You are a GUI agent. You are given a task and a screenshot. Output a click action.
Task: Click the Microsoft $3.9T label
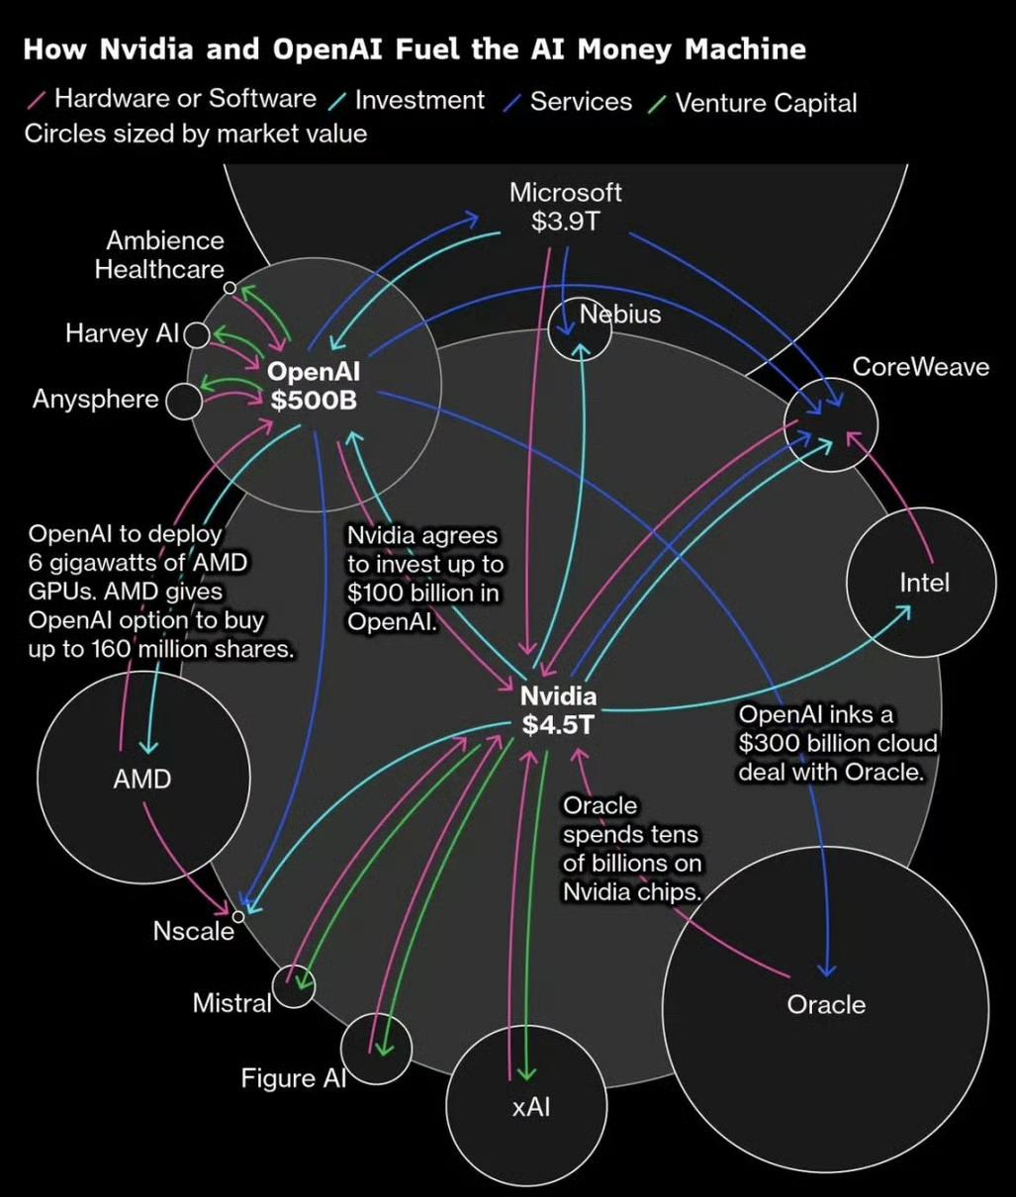click(x=566, y=206)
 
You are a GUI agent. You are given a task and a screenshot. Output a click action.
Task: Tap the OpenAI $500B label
click(x=314, y=386)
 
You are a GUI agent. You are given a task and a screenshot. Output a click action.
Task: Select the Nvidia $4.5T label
click(x=559, y=709)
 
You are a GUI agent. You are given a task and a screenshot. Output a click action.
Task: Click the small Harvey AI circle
click(x=196, y=334)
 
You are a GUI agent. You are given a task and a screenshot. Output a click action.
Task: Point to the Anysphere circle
click(x=183, y=402)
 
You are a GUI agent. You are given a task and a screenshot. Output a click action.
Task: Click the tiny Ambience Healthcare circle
click(x=230, y=288)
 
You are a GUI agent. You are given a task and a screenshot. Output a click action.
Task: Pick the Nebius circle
click(x=580, y=330)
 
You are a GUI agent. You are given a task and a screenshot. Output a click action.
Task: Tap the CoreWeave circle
click(x=831, y=425)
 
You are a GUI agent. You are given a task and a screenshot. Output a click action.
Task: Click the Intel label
click(x=924, y=583)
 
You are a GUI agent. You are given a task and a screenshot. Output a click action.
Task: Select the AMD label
click(x=142, y=780)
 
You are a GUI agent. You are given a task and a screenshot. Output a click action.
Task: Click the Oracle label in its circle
click(x=826, y=1005)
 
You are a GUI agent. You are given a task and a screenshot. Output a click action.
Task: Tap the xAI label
click(x=530, y=1107)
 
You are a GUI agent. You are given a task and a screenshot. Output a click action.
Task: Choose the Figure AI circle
click(x=376, y=1050)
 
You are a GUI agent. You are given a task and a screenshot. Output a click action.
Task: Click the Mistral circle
click(x=294, y=986)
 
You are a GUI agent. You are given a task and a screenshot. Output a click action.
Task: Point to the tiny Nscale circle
click(x=238, y=916)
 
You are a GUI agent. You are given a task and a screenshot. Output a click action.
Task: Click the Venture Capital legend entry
click(x=765, y=103)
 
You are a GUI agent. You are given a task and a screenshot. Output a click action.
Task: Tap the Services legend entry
click(x=580, y=102)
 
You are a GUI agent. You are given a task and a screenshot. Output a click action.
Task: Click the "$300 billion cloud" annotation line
click(x=837, y=743)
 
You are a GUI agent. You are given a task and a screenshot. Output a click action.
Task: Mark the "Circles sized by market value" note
click(x=195, y=134)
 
